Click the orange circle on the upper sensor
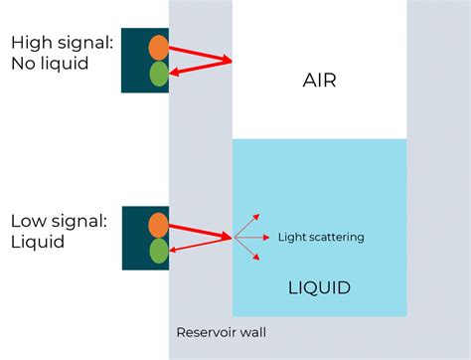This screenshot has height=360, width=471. click(158, 47)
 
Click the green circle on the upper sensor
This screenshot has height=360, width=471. click(158, 73)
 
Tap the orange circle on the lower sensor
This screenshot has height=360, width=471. click(158, 224)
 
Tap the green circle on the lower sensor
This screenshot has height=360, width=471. click(158, 251)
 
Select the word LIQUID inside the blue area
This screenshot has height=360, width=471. click(318, 288)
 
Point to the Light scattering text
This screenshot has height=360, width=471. click(320, 237)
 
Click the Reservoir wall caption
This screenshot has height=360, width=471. click(221, 332)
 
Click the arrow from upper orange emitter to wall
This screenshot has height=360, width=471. click(199, 54)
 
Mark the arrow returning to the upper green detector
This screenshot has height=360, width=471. click(199, 67)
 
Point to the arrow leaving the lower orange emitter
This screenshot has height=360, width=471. click(199, 231)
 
